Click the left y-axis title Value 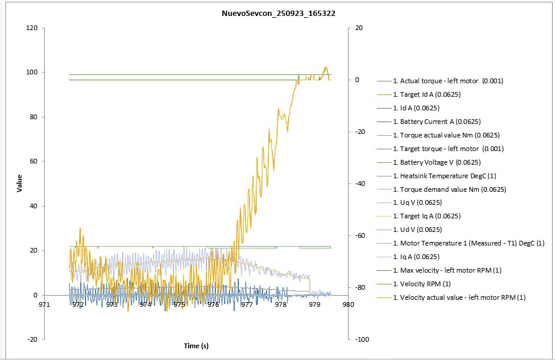(x=20, y=183)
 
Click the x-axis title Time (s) (x=196, y=345)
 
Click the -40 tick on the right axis (x=359, y=184)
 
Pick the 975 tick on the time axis (x=179, y=305)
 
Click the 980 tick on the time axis (x=348, y=305)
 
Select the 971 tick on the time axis (x=44, y=305)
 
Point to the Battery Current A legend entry (x=436, y=122)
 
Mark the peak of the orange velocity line (x=326, y=67)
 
